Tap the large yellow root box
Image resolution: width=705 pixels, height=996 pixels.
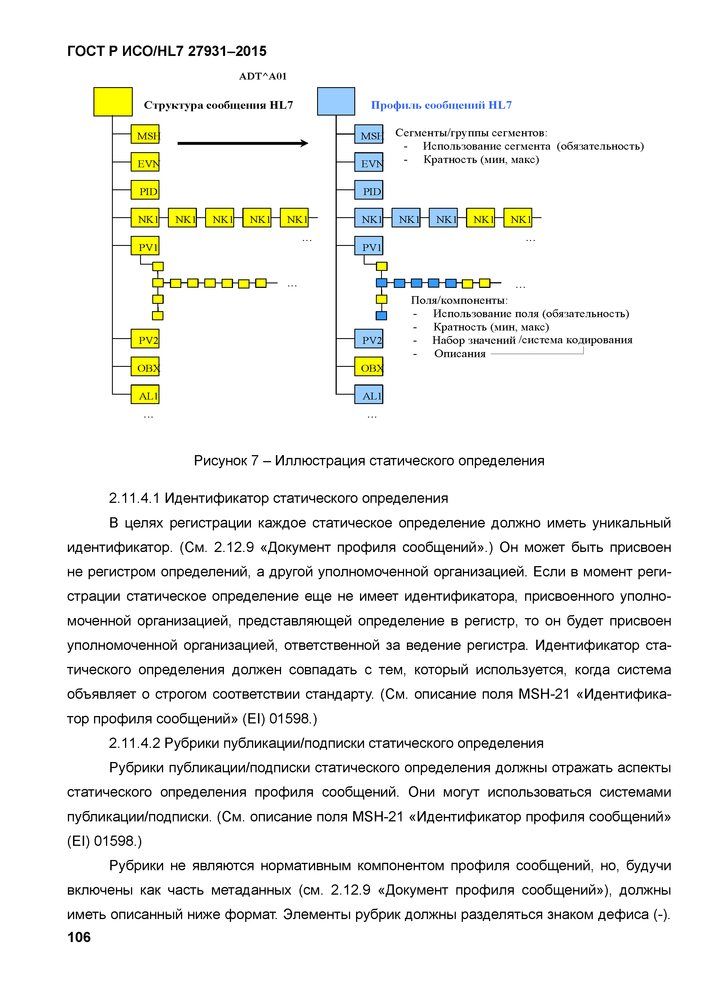113,102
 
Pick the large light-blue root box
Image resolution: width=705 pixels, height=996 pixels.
336,102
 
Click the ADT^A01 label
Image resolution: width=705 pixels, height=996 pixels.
263,76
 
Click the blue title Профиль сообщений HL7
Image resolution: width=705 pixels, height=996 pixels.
441,105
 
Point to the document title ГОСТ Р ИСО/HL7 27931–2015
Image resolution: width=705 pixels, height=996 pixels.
167,51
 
